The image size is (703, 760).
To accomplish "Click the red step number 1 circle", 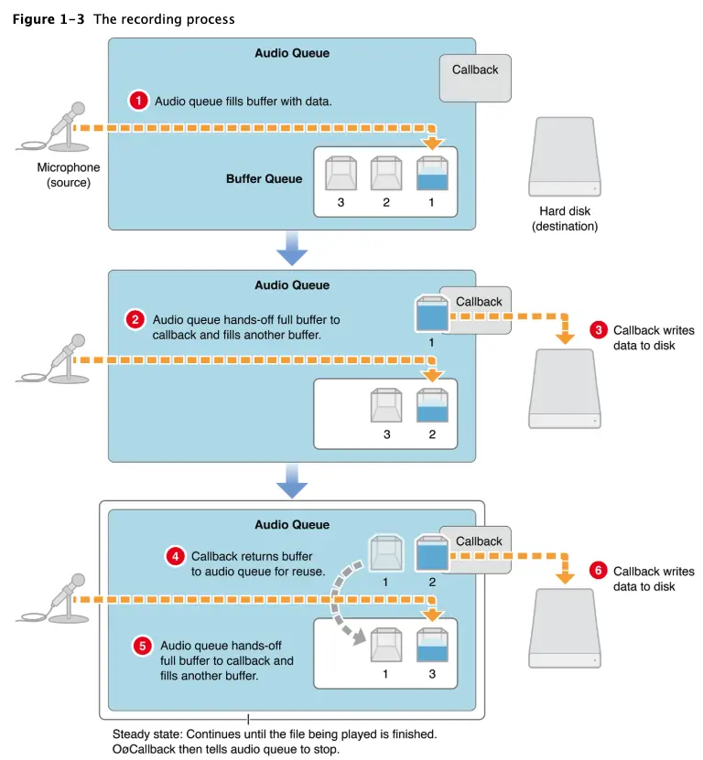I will click(138, 101).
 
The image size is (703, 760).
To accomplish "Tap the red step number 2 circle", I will click(135, 319).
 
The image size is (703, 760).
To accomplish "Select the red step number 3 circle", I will click(597, 329).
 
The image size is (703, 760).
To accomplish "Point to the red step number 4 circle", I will click(174, 556).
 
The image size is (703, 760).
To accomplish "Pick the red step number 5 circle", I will click(142, 645).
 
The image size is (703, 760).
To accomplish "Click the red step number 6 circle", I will click(597, 571).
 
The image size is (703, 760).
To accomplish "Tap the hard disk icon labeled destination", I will click(565, 161).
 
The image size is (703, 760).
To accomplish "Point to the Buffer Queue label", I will click(264, 178).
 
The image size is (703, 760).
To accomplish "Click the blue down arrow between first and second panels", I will click(292, 247).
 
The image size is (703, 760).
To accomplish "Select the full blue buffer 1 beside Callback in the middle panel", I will click(430, 314).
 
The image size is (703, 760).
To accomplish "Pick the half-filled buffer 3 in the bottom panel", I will click(432, 647).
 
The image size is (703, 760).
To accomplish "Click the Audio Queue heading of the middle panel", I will click(292, 285).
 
